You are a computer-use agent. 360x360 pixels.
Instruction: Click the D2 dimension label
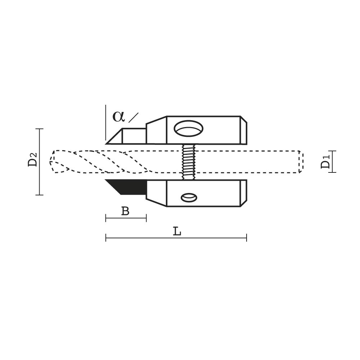32,159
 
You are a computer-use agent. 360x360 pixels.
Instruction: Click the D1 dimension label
325,162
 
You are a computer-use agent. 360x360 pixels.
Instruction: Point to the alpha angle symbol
118,117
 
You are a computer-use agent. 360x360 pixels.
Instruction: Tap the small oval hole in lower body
189,197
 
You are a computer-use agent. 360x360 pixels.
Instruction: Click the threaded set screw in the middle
189,162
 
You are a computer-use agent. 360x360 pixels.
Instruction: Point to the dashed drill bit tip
52,162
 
